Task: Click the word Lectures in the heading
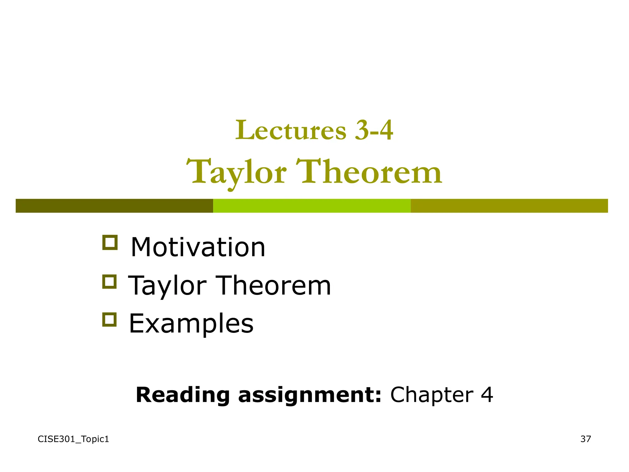click(291, 130)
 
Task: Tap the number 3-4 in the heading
click(373, 130)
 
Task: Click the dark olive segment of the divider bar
click(114, 206)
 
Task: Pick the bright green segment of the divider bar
click(312, 206)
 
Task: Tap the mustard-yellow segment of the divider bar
click(509, 206)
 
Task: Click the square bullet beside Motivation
click(110, 242)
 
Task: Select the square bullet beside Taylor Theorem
click(109, 281)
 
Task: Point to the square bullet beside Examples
click(109, 319)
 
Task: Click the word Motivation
click(198, 247)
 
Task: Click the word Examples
click(191, 324)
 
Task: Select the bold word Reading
click(183, 395)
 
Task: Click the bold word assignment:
click(310, 395)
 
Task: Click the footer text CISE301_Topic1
click(73, 439)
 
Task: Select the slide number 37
click(585, 439)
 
